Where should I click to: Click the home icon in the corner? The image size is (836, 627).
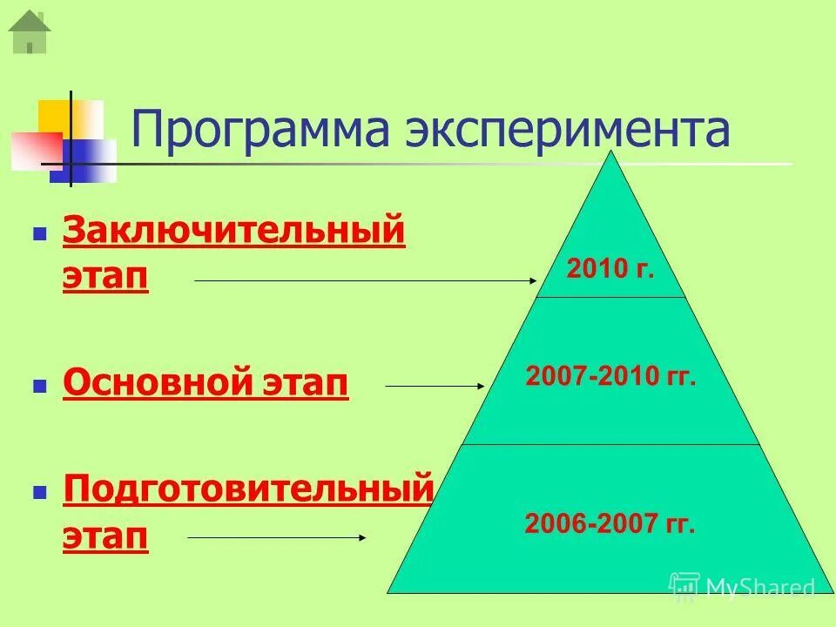[x=29, y=31]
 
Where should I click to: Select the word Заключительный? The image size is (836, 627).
[x=234, y=233]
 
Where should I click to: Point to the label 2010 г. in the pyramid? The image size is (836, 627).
[x=610, y=268]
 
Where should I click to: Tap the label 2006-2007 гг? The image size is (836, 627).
[x=610, y=524]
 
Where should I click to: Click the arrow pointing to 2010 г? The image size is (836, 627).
[x=366, y=280]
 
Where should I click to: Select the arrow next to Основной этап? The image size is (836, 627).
[x=434, y=385]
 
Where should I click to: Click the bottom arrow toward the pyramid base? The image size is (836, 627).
[x=277, y=537]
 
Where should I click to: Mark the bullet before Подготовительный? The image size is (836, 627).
[x=38, y=492]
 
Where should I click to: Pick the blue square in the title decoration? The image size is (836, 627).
[x=87, y=162]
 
